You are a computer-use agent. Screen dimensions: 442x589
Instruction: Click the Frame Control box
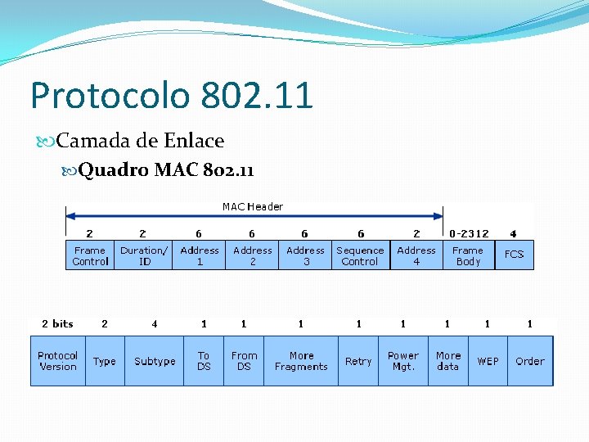(90, 255)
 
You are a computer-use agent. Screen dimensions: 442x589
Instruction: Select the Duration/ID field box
(145, 255)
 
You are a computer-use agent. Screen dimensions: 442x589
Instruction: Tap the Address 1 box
(200, 255)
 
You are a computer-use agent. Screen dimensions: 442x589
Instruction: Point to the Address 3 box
(305, 255)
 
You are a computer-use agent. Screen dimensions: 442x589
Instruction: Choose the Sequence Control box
(360, 255)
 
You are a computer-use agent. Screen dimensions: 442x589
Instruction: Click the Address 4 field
(416, 255)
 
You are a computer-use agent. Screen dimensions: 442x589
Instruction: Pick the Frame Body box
(468, 255)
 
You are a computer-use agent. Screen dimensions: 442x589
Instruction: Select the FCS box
(514, 255)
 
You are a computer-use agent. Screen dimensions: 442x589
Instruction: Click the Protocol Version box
(57, 361)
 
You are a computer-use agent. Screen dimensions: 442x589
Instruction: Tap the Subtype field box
(155, 361)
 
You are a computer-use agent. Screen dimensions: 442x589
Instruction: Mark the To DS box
(204, 361)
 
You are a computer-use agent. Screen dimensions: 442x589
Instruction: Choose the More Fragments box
(301, 361)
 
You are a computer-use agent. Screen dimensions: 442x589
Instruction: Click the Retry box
(358, 361)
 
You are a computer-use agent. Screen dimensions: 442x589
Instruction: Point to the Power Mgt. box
(402, 361)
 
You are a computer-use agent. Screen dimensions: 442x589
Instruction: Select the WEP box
(488, 361)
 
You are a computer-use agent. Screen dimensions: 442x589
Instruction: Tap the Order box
(529, 361)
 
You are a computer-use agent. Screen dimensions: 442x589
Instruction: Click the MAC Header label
(253, 207)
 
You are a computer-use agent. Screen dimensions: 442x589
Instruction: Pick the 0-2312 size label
(469, 233)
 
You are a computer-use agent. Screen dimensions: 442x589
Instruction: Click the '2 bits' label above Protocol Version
(57, 324)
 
